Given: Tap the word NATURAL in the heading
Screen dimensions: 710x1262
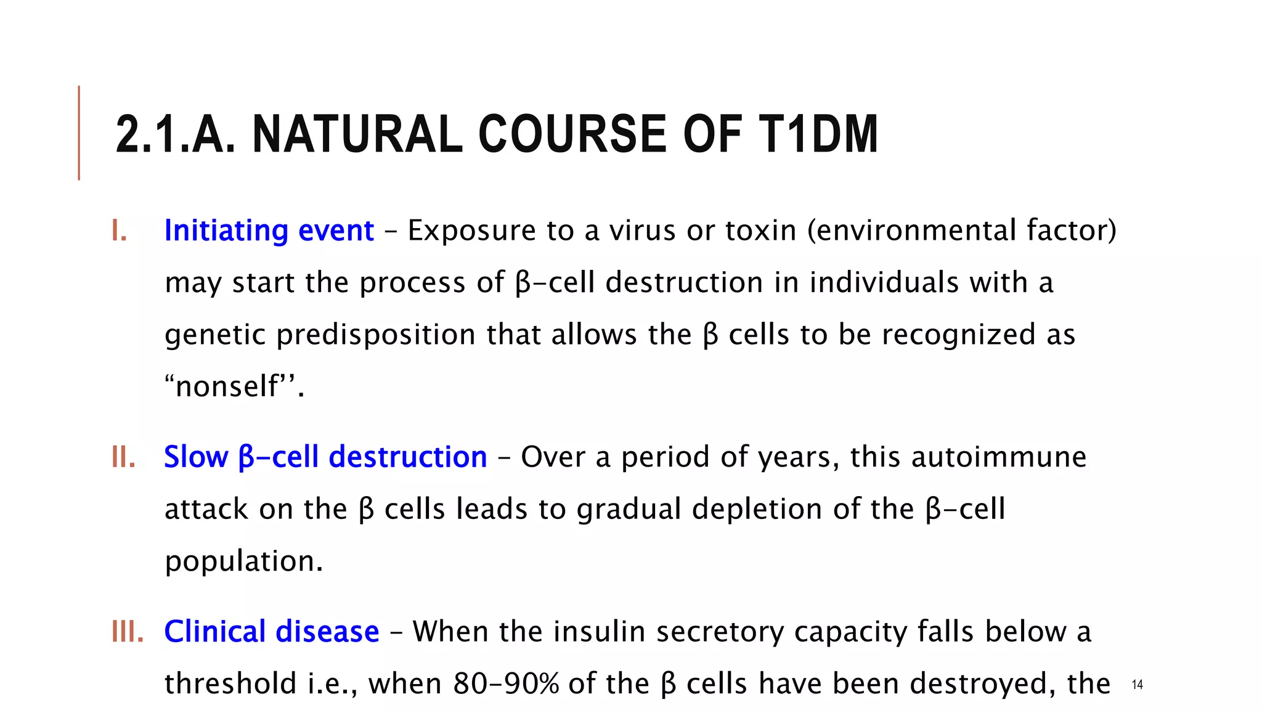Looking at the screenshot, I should pyautogui.click(x=357, y=134).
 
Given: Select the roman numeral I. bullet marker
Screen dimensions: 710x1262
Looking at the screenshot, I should pyautogui.click(x=120, y=231).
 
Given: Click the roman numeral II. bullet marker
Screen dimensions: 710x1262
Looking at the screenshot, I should pyautogui.click(x=123, y=457).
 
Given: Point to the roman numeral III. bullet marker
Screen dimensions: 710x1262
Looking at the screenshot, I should pyautogui.click(x=128, y=632).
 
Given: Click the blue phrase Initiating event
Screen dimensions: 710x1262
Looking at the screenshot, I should pyautogui.click(x=269, y=231).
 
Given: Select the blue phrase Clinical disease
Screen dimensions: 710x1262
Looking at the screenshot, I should pyautogui.click(x=271, y=632).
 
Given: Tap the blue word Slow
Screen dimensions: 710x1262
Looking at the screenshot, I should pyautogui.click(x=196, y=457).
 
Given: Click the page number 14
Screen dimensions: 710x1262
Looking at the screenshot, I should pyautogui.click(x=1138, y=685).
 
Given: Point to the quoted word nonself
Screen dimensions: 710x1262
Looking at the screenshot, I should pyautogui.click(x=227, y=387).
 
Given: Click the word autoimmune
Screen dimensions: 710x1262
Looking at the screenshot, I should pyautogui.click(x=998, y=457).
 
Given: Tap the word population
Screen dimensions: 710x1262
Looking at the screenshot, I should pyautogui.click(x=243, y=561).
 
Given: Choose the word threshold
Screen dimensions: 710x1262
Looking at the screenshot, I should pyautogui.click(x=230, y=684).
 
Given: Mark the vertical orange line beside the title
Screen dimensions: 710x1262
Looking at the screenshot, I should pyautogui.click(x=79, y=133).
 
